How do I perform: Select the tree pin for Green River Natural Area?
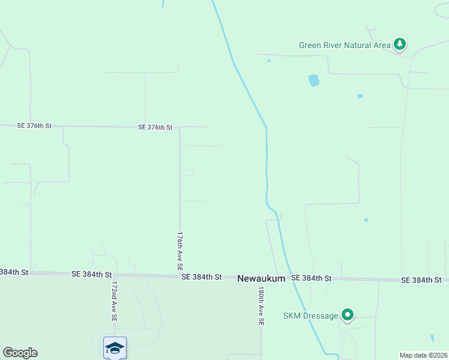[x=400, y=44]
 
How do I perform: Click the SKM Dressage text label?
[x=311, y=316]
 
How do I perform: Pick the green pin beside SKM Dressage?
[x=347, y=314]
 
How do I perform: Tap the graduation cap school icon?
[x=115, y=347]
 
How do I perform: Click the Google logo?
[x=20, y=353]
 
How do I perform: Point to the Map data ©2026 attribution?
[x=423, y=355]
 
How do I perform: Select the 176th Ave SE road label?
[x=179, y=251]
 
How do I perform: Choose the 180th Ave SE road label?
[x=261, y=305]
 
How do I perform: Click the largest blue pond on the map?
[x=313, y=80]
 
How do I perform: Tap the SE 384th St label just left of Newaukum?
[x=202, y=277]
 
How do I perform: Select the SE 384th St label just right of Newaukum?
[x=312, y=278]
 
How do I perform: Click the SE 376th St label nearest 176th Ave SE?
[x=155, y=127]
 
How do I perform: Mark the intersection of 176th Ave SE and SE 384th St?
[x=180, y=275]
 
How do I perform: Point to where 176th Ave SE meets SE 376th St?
[x=179, y=127]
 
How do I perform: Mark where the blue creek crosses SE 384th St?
[x=290, y=278]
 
